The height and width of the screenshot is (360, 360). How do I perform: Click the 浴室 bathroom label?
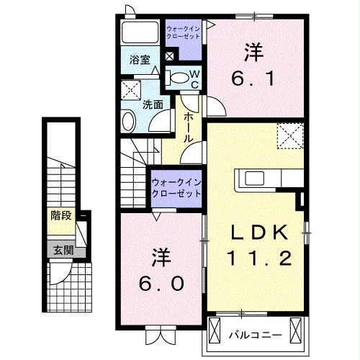click(140, 60)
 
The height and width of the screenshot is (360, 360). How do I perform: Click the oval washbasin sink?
click(127, 120)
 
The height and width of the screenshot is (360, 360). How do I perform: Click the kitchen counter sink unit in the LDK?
click(270, 178)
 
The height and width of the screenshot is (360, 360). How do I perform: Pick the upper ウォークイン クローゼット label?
click(184, 32)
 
